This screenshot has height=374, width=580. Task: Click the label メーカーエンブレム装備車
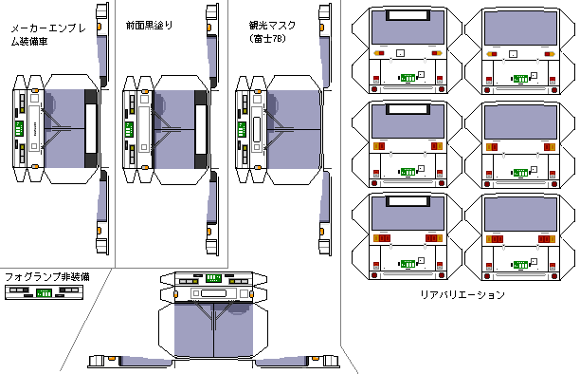48,35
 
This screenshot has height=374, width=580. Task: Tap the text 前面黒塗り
150,26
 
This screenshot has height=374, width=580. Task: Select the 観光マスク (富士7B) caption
272,31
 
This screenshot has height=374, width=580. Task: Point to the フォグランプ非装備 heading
47,277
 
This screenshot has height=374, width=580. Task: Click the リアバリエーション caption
462,294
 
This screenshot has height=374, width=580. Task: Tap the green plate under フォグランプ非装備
44,293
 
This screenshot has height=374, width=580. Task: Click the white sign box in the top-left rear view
408,15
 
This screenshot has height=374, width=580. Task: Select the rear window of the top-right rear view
520,28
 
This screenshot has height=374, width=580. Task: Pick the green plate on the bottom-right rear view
520,265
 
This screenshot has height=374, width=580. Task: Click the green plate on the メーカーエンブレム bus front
19,129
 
